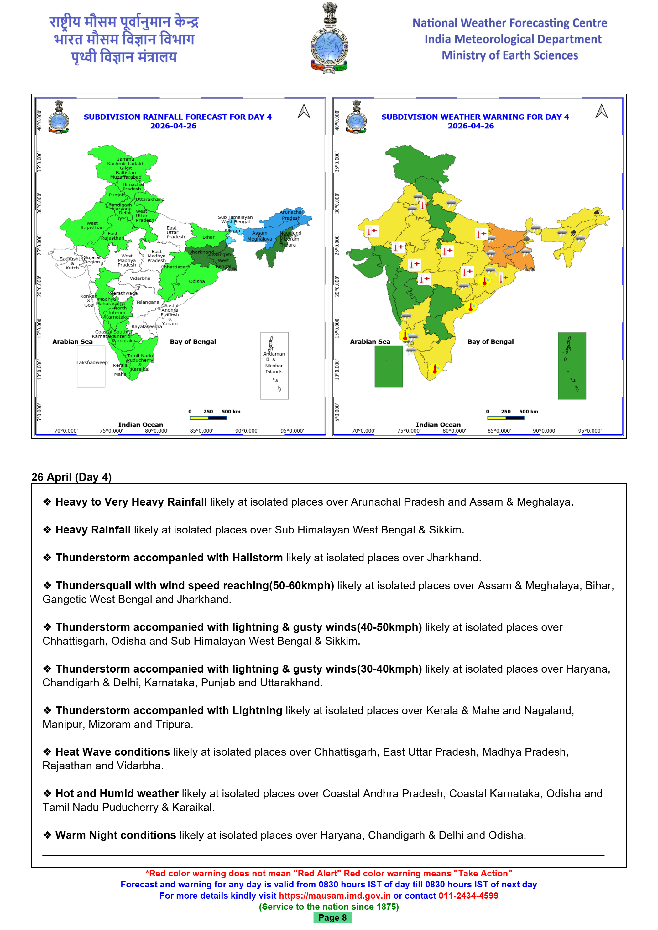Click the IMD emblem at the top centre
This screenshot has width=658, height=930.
point(329,39)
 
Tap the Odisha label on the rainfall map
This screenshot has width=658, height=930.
point(196,281)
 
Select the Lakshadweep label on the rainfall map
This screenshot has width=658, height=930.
point(92,362)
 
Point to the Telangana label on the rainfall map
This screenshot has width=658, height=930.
point(148,302)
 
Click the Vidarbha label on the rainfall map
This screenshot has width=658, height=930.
point(140,278)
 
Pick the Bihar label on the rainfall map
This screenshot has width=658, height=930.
point(208,237)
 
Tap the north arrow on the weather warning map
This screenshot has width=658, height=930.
point(601,112)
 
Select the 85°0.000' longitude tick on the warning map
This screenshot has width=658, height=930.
point(499,431)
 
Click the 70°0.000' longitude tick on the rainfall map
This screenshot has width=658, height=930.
point(66,431)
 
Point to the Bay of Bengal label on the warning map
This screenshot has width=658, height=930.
point(490,341)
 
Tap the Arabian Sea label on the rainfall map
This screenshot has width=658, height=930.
point(72,341)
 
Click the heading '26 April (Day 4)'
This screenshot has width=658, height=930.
point(71,477)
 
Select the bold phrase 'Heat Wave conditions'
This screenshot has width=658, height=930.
point(112,752)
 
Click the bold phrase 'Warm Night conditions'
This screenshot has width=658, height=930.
point(116,835)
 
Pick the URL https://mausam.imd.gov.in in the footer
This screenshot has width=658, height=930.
point(334,896)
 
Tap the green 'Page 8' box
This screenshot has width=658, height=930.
point(332,917)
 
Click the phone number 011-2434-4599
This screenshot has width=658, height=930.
point(468,896)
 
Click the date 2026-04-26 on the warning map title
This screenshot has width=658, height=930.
point(471,126)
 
